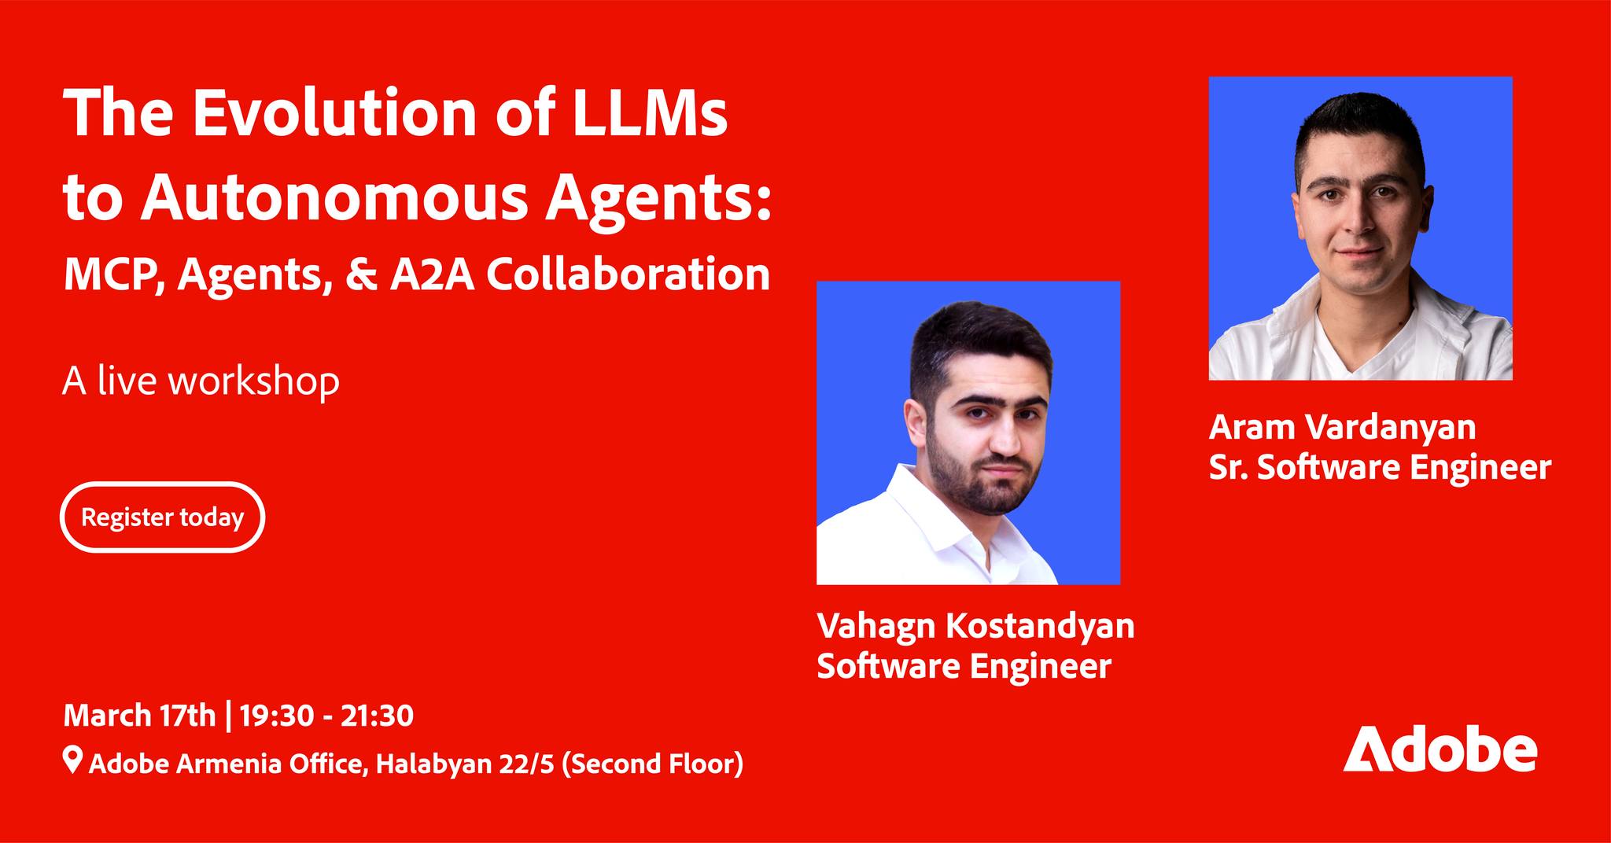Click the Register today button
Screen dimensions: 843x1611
162,517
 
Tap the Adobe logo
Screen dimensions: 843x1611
1440,753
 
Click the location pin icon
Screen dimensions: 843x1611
72,761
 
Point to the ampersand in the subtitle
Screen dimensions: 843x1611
359,274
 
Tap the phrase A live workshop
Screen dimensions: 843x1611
201,381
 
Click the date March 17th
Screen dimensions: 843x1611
139,716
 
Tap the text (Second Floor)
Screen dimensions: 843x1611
653,763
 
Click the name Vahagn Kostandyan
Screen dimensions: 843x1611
975,626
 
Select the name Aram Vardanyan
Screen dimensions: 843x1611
1342,427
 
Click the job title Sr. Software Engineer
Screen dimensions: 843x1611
1380,467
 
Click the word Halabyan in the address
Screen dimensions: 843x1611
427,763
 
